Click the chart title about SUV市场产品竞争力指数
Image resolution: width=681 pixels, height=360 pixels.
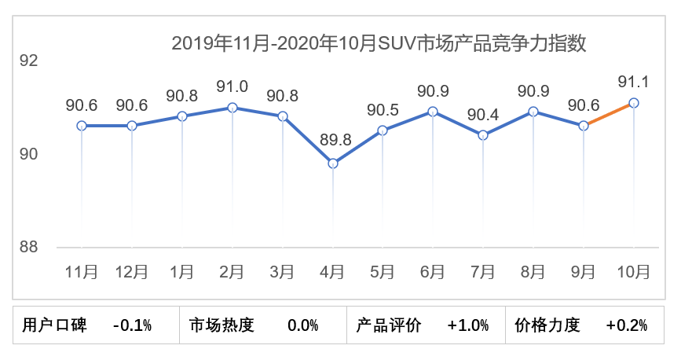[x=379, y=42]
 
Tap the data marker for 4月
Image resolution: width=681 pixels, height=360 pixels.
[x=333, y=163]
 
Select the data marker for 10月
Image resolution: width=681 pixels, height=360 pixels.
[x=634, y=103]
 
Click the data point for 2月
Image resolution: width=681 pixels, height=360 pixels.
[x=232, y=107]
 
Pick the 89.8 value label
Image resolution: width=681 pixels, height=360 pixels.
[x=332, y=141]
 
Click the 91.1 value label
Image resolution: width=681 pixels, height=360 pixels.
[x=633, y=81]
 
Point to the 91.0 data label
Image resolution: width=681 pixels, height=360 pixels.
[x=232, y=86]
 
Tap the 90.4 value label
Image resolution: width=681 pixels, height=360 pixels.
[x=483, y=114]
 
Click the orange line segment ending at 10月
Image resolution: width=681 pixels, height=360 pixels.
[x=609, y=115]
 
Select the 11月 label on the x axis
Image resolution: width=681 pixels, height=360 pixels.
[x=82, y=272]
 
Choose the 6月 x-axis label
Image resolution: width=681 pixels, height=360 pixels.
[x=433, y=272]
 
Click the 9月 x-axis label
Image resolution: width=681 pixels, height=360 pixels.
[x=584, y=272]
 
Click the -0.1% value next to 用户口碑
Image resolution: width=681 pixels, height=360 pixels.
[x=132, y=325]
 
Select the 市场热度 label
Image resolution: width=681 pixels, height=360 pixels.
[x=222, y=325]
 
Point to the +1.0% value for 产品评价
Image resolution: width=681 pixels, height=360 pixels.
[x=468, y=325]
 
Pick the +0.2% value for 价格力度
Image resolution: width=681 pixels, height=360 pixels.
[x=627, y=325]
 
